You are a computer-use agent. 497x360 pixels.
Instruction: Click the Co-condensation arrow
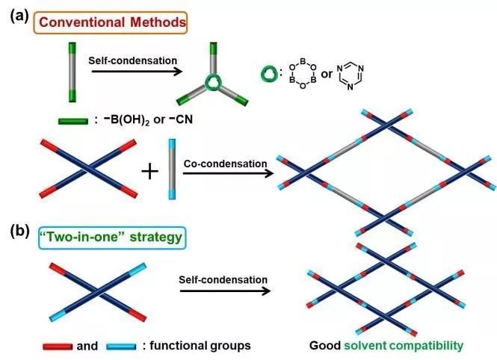point(225,174)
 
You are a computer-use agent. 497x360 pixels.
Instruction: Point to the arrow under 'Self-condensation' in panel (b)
point(223,291)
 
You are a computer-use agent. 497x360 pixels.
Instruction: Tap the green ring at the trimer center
point(215,85)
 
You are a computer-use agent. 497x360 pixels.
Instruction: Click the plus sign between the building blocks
point(151,172)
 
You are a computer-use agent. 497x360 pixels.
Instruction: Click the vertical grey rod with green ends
point(72,72)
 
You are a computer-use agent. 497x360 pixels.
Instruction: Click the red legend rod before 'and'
point(57,345)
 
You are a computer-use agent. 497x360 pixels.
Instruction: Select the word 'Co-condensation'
point(224,162)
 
